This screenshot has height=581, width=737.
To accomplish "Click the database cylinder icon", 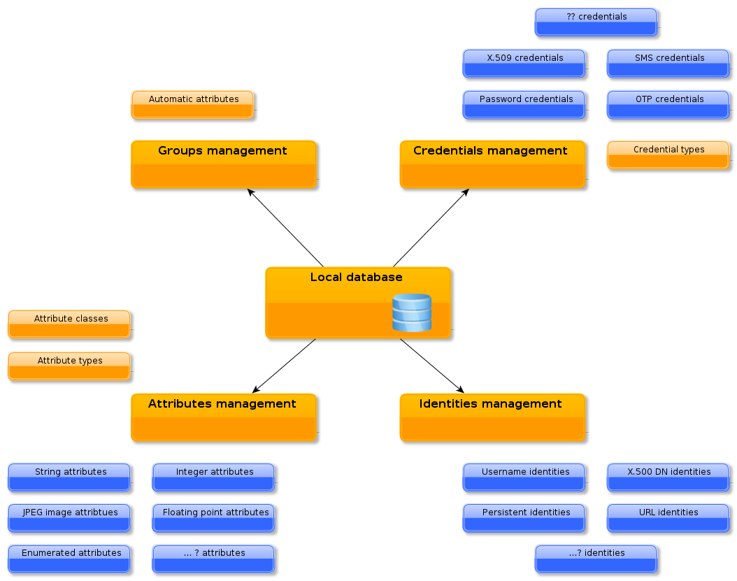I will point(411,313).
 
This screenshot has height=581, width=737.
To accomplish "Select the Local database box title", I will point(357,278).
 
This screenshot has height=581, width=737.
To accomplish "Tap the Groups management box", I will point(224,164).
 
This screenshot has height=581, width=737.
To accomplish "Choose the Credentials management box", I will point(492,164).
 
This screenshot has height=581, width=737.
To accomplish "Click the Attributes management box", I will point(224,417).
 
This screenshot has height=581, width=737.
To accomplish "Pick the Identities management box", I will point(492,417).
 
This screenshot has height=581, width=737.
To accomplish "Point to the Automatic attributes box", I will point(192,104).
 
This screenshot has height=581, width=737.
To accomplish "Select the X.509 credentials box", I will point(524,63).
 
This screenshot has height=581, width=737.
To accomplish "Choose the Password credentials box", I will point(524,104).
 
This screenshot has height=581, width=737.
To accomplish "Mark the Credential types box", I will point(668,155).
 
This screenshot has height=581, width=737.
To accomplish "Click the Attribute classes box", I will point(69,324).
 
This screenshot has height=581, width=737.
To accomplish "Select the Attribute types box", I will point(69,366).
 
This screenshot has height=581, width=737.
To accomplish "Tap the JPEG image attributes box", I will point(69,517).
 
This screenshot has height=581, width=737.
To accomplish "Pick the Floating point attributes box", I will point(213,517).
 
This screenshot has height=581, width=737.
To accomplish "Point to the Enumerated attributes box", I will point(69,558).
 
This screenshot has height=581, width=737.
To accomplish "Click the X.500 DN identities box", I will point(668,477).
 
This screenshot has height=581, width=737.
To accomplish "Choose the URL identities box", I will point(668,517).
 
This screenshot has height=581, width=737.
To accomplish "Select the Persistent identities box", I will point(524,517).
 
